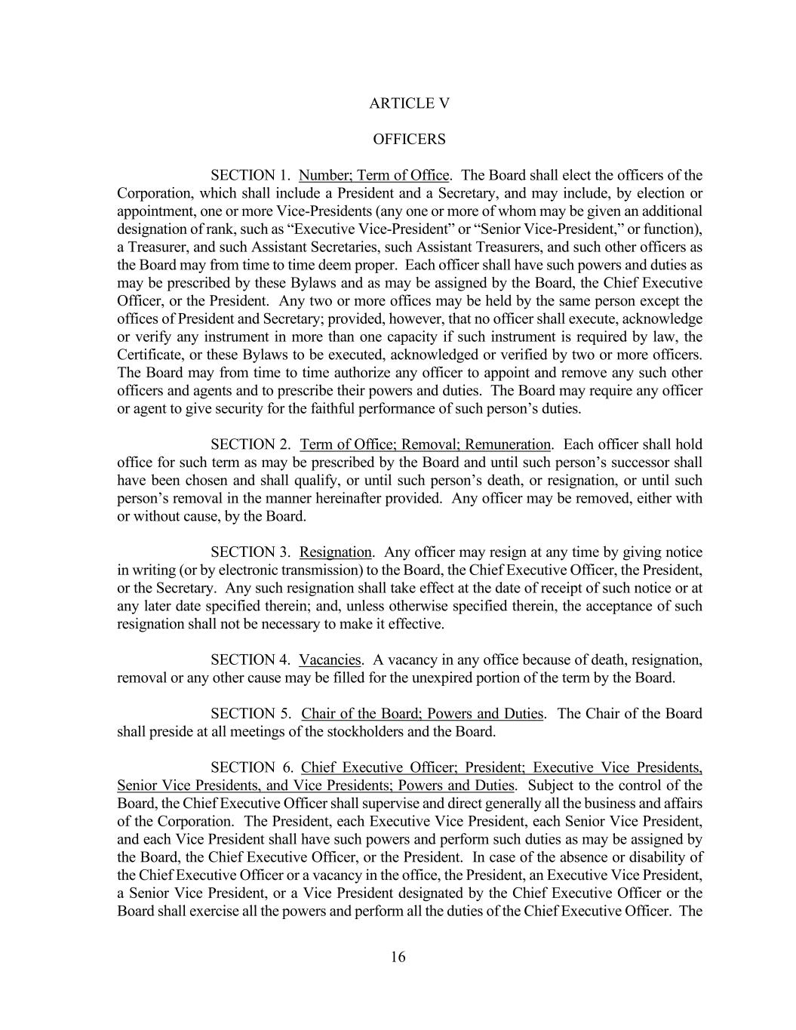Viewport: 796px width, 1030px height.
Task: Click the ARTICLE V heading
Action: point(409,103)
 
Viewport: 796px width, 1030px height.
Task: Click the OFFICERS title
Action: point(409,140)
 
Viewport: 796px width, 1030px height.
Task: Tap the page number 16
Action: point(398,958)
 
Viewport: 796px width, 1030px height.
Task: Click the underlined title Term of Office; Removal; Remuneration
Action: point(426,444)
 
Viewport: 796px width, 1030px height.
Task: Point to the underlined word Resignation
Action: point(336,552)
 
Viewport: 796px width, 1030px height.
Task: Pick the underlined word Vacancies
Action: point(330,660)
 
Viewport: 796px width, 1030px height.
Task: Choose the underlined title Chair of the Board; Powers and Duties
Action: point(422,714)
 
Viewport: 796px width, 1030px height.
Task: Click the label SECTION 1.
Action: point(250,176)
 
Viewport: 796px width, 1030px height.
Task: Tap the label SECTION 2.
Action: point(250,444)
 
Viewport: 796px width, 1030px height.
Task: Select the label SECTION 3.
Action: point(250,552)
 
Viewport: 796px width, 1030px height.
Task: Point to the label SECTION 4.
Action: point(250,660)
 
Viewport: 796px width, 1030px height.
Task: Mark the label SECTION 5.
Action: point(250,714)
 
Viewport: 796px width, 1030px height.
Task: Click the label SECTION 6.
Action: point(250,768)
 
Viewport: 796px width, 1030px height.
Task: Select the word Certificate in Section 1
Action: point(149,355)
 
